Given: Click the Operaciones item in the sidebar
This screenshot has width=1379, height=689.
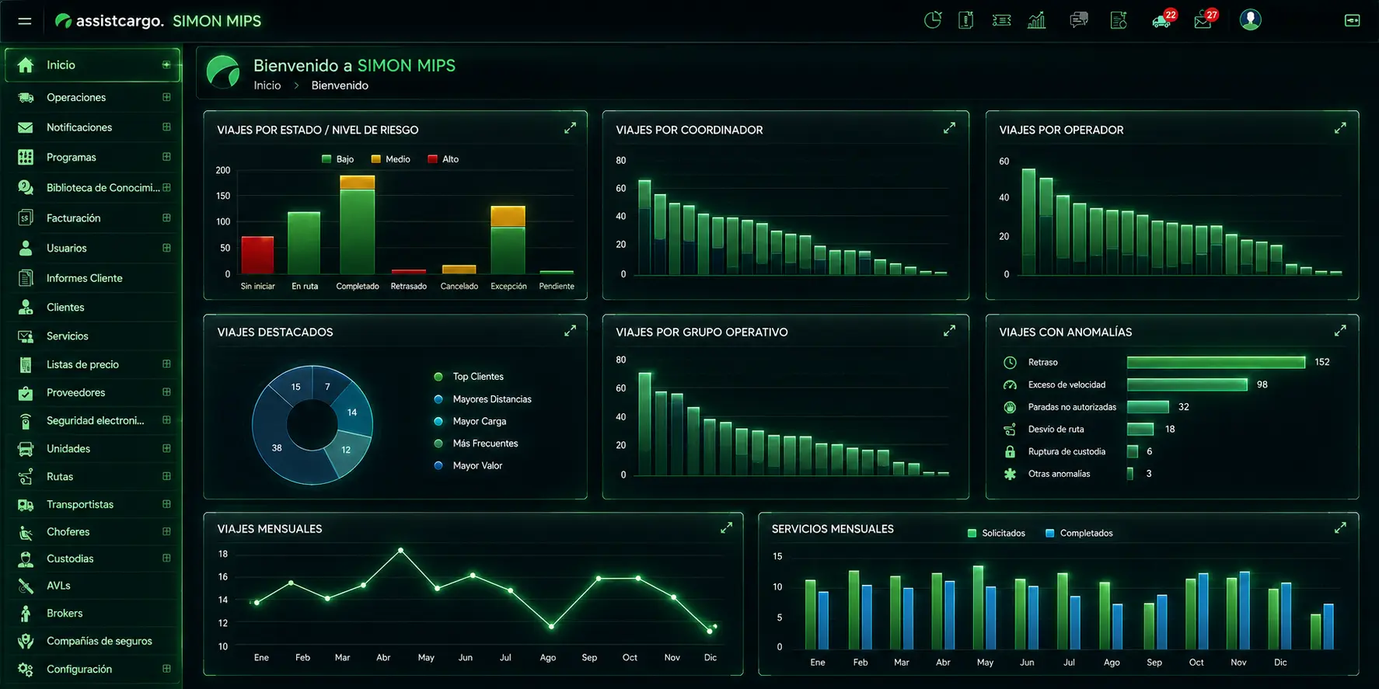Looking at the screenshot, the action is pyautogui.click(x=76, y=97).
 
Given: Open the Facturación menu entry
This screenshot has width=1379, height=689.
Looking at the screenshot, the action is pyautogui.click(x=73, y=218).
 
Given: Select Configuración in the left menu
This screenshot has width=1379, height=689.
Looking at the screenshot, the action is pyautogui.click(x=79, y=669).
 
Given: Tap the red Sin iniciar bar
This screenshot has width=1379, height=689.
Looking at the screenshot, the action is pyautogui.click(x=257, y=255).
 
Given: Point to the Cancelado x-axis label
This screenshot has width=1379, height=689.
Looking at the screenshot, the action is pyautogui.click(x=459, y=287).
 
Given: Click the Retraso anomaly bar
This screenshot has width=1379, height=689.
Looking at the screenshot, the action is pyautogui.click(x=1216, y=362).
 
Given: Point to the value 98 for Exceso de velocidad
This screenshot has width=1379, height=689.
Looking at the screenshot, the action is pyautogui.click(x=1262, y=385).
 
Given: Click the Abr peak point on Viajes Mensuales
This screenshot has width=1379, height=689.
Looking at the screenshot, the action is pyautogui.click(x=400, y=550).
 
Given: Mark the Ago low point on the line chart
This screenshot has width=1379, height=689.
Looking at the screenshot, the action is pyautogui.click(x=551, y=626).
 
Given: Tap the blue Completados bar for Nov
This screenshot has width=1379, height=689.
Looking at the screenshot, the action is pyautogui.click(x=1245, y=611).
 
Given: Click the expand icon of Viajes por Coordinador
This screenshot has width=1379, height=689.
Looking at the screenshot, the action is pyautogui.click(x=949, y=128).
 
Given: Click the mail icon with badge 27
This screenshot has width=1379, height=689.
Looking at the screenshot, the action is pyautogui.click(x=1204, y=20).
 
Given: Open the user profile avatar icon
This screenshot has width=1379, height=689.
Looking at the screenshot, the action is pyautogui.click(x=1250, y=19).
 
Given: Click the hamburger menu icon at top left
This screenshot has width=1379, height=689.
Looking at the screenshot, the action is pyautogui.click(x=25, y=21).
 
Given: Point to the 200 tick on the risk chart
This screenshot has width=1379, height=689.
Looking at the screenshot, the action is pyautogui.click(x=223, y=170).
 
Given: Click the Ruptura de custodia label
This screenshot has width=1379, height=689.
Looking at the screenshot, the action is pyautogui.click(x=1067, y=451).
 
